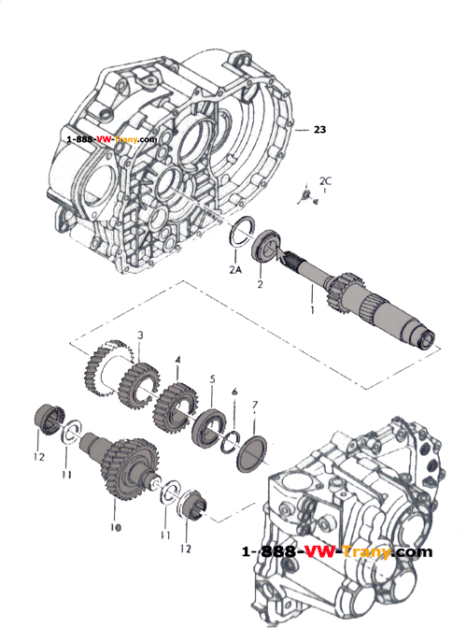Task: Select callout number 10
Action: (x=116, y=527)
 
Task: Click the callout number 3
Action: (x=140, y=335)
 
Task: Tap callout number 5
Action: (x=212, y=379)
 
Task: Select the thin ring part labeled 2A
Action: (x=246, y=228)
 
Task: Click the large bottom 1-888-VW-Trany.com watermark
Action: (x=336, y=551)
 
